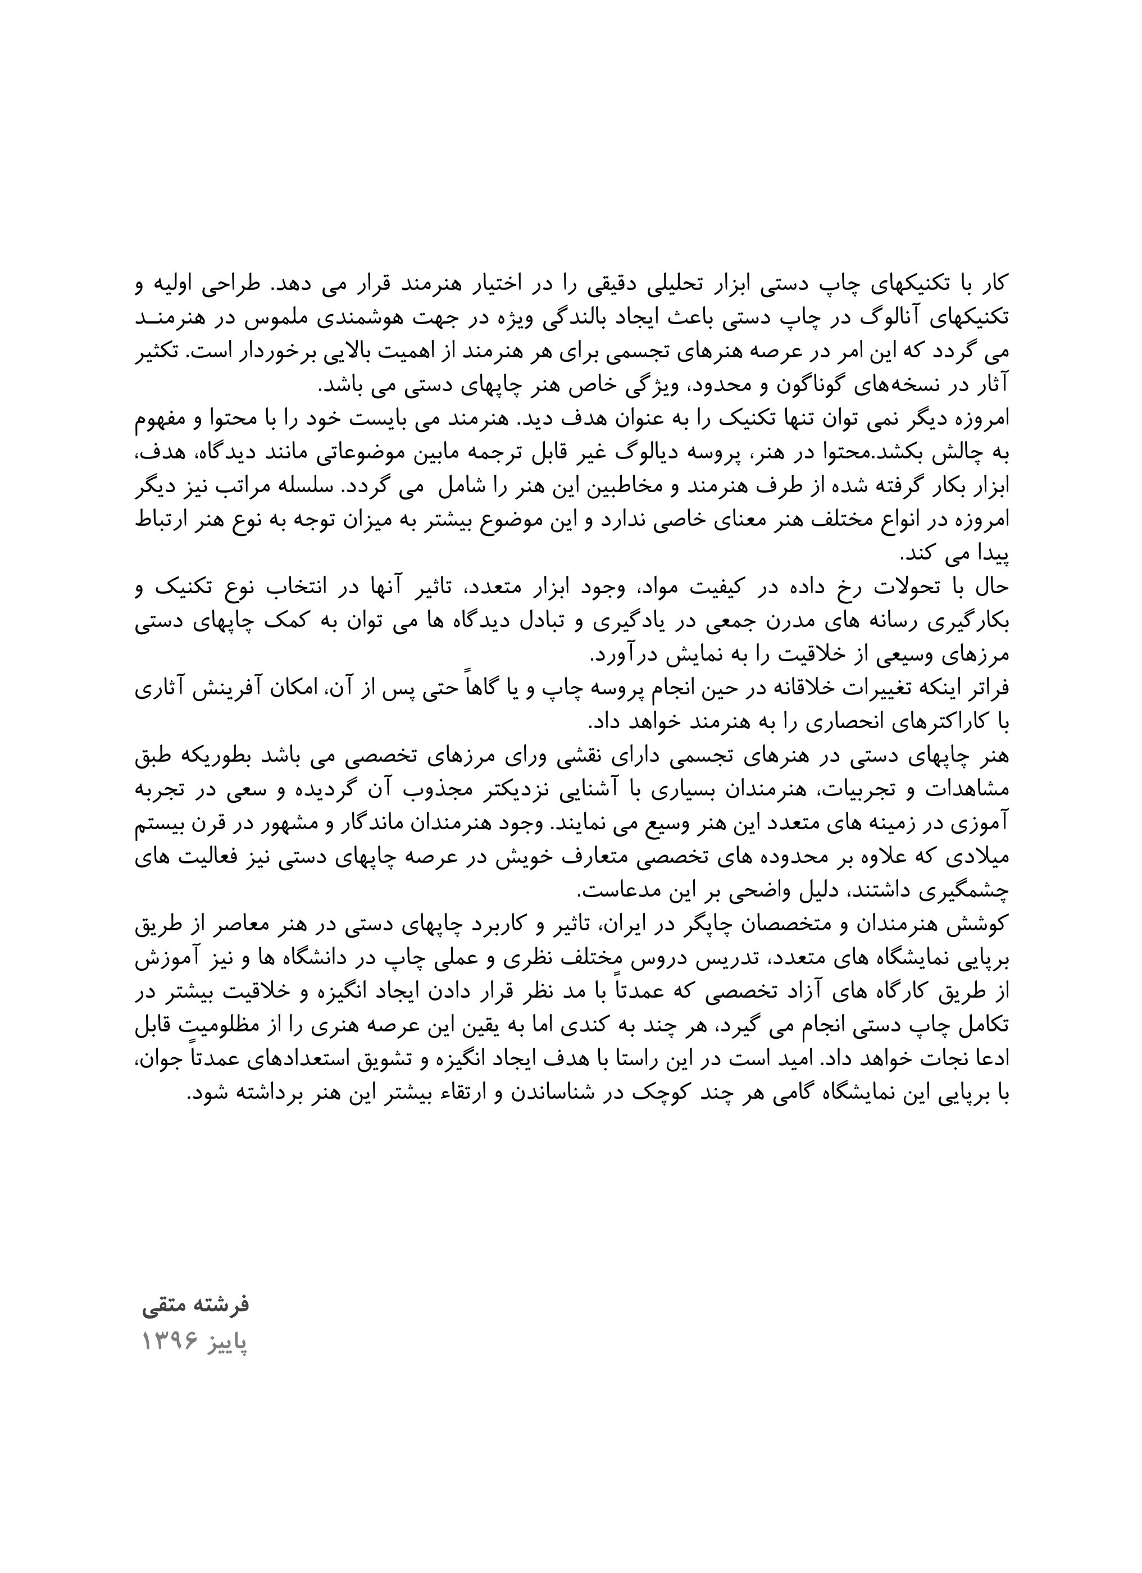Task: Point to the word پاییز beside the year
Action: point(225,1342)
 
